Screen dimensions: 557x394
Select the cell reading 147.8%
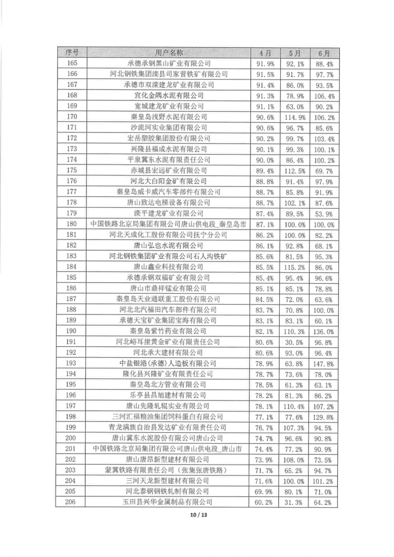pos(323,363)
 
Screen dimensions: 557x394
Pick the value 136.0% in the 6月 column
pos(323,331)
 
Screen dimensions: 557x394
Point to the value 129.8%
pos(323,416)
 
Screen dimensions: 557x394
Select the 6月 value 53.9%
pos(323,213)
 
